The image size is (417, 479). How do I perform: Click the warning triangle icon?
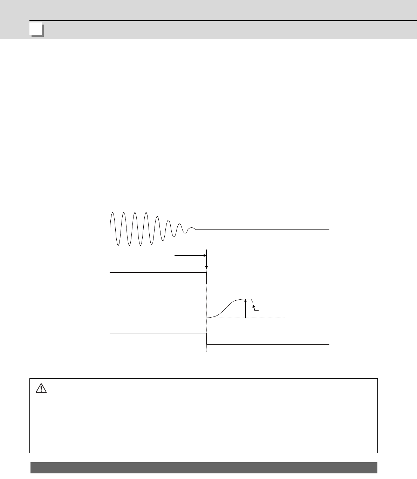click(x=41, y=388)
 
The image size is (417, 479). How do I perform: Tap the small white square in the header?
click(x=36, y=29)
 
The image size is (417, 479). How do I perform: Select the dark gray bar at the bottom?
click(x=204, y=467)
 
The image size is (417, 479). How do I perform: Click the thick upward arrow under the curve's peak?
click(x=245, y=309)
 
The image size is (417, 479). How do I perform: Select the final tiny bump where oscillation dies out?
click(x=191, y=228)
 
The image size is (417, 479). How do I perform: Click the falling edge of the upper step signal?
click(x=207, y=278)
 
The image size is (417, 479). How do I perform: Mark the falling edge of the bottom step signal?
click(x=207, y=339)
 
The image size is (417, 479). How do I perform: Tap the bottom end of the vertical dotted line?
click(x=207, y=351)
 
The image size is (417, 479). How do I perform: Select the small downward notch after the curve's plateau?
click(x=253, y=301)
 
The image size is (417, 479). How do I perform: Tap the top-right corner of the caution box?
click(x=377, y=379)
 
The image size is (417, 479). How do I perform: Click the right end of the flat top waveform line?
click(x=329, y=229)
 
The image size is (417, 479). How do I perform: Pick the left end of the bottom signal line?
click(x=110, y=333)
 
